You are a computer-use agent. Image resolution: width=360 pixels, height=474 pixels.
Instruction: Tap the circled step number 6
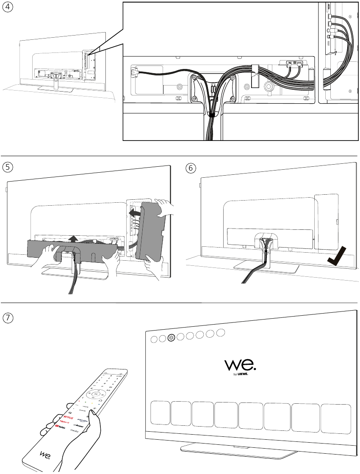tap(191, 168)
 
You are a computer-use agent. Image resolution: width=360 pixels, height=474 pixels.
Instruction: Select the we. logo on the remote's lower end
tap(46, 454)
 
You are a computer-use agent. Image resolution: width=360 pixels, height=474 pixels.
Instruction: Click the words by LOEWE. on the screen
tap(246, 375)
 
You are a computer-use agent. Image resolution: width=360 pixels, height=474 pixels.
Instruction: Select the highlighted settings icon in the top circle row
tap(171, 338)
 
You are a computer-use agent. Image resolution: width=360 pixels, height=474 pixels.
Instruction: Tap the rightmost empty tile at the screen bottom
tap(335, 418)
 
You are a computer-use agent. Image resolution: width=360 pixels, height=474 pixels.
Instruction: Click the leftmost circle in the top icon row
tap(154, 339)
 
